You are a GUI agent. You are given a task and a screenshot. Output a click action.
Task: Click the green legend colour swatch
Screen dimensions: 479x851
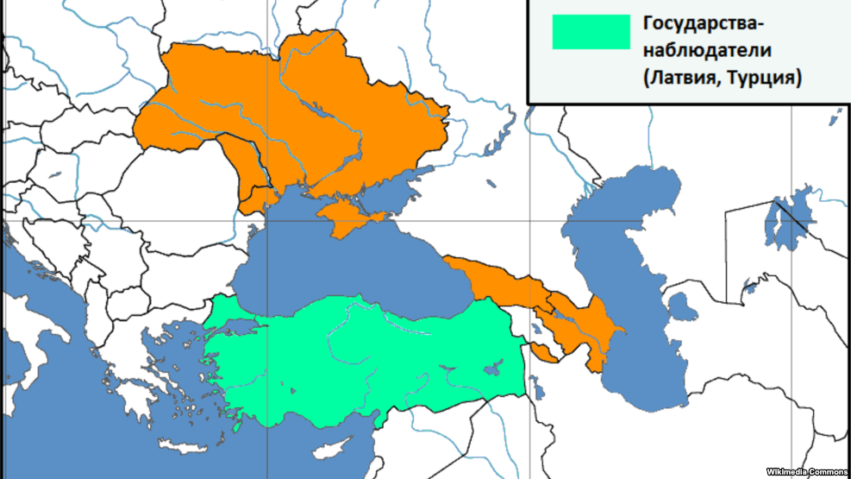[591, 32]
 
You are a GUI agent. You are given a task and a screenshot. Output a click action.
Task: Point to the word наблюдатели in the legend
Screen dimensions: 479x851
[695, 50]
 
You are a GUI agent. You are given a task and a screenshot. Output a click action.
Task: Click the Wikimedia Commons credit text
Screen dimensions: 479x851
[807, 471]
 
